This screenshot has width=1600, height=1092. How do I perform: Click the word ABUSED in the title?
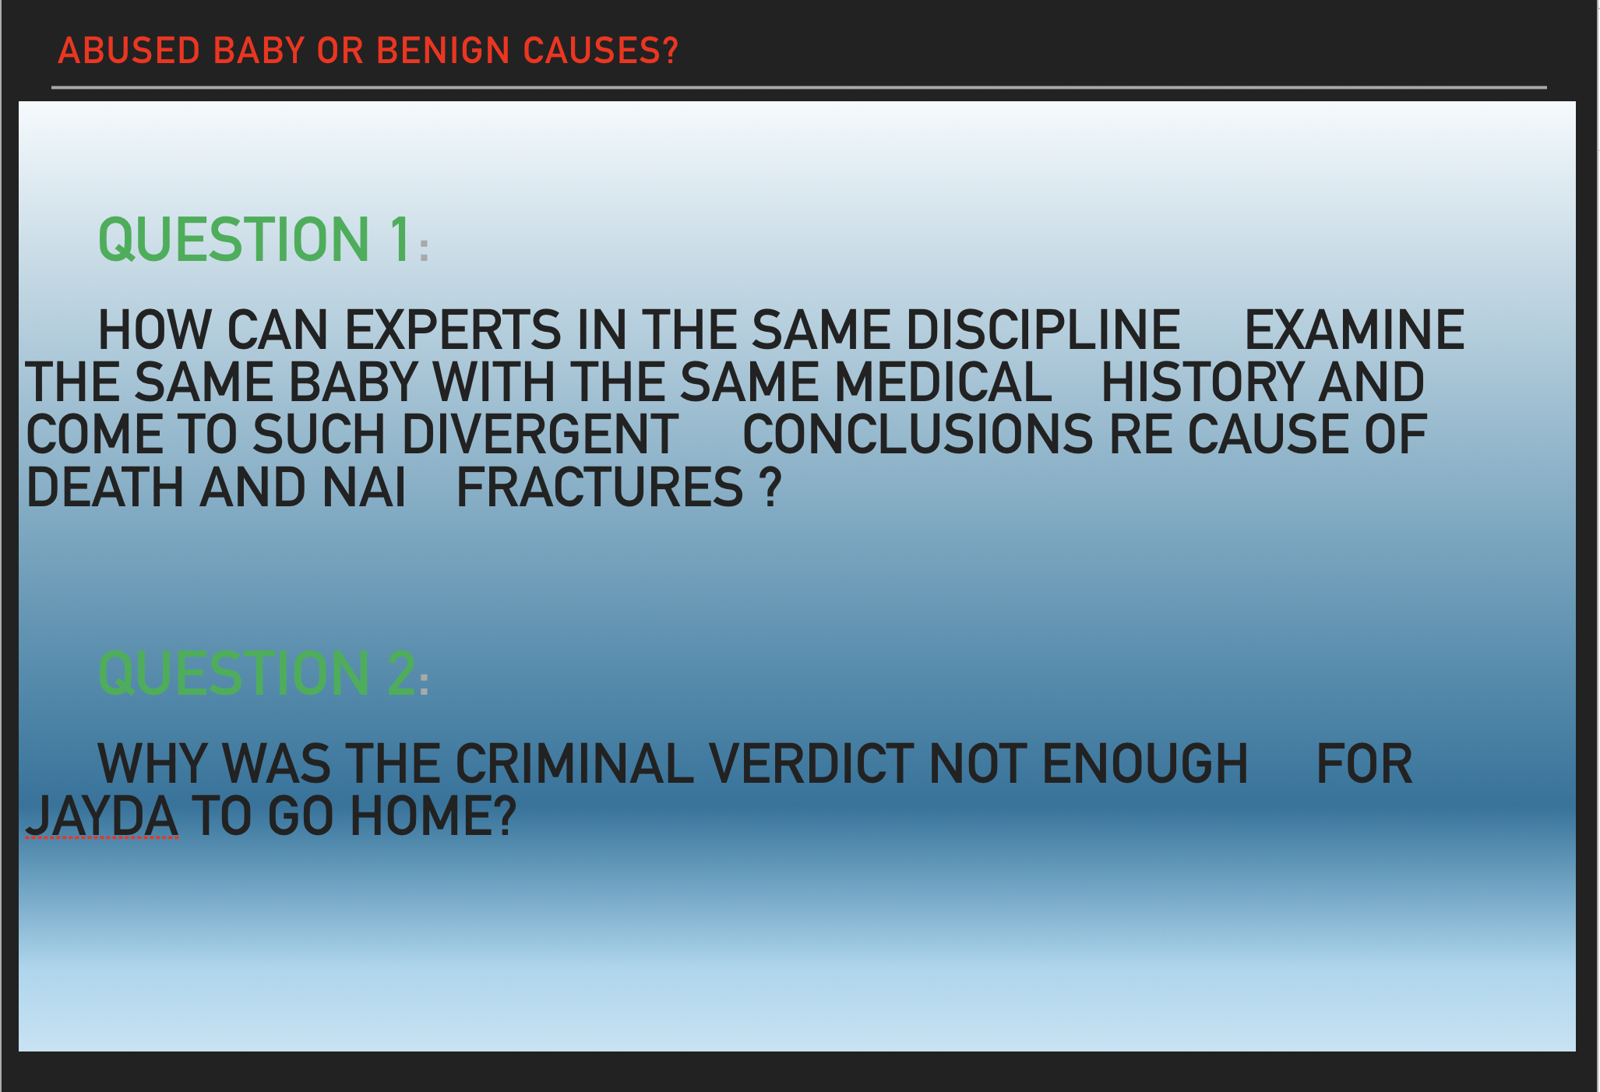pyautogui.click(x=129, y=51)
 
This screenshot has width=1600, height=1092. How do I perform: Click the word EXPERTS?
pyautogui.click(x=453, y=329)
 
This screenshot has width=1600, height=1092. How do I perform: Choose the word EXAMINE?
pyautogui.click(x=1355, y=329)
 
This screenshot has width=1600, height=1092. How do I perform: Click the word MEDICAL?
pyautogui.click(x=943, y=382)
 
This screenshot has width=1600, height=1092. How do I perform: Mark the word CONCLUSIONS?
pyautogui.click(x=918, y=434)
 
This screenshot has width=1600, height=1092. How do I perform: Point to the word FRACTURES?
pyautogui.click(x=600, y=487)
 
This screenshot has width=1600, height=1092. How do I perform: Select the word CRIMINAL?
pyautogui.click(x=575, y=763)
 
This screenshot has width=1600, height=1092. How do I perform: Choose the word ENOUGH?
pyautogui.click(x=1145, y=763)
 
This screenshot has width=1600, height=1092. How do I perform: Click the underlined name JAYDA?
pyautogui.click(x=102, y=815)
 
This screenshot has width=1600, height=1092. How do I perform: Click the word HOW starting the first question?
pyautogui.click(x=154, y=329)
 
